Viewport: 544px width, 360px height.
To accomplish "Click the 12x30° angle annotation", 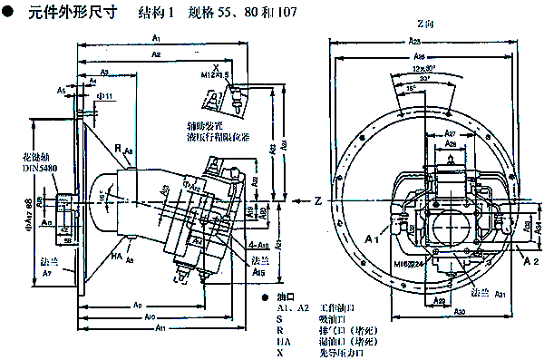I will click(422, 69).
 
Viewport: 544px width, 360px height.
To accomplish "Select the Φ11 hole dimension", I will click(103, 95).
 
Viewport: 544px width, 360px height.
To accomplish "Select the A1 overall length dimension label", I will click(155, 39).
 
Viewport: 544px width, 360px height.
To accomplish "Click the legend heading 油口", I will click(284, 297).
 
